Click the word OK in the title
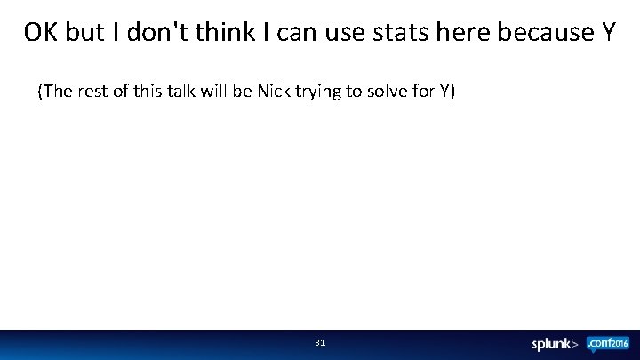[38, 33]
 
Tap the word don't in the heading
[152, 33]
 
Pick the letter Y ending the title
[606, 33]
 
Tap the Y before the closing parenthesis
[444, 92]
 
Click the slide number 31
[320, 342]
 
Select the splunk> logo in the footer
[556, 344]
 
